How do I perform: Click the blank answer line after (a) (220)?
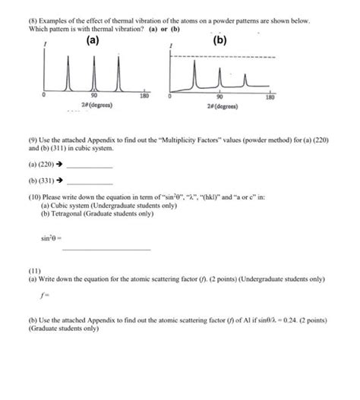pos(90,166)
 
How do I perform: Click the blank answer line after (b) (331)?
pos(90,183)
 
